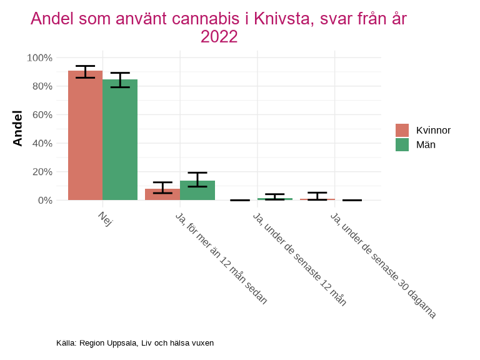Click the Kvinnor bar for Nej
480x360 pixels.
(x=85, y=136)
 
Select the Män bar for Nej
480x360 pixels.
(x=120, y=140)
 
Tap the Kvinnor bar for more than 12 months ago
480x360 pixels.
(x=162, y=194)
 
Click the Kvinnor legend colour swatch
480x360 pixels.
(x=402, y=130)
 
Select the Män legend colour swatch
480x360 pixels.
(x=402, y=144)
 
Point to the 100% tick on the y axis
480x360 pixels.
(x=39, y=57)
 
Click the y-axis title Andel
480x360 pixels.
(x=17, y=128)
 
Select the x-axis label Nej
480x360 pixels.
(x=105, y=219)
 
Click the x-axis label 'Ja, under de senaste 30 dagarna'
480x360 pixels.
(x=382, y=265)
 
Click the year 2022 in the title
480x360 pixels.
(x=219, y=37)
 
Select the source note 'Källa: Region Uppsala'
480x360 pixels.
(x=135, y=343)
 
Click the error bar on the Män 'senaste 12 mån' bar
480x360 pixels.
(x=275, y=197)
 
